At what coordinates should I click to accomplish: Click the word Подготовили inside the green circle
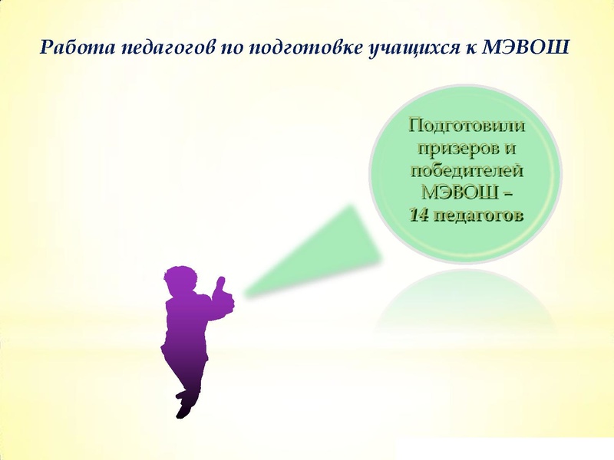click(467, 125)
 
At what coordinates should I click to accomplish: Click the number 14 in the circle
click(419, 215)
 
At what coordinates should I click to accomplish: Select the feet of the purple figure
click(185, 406)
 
